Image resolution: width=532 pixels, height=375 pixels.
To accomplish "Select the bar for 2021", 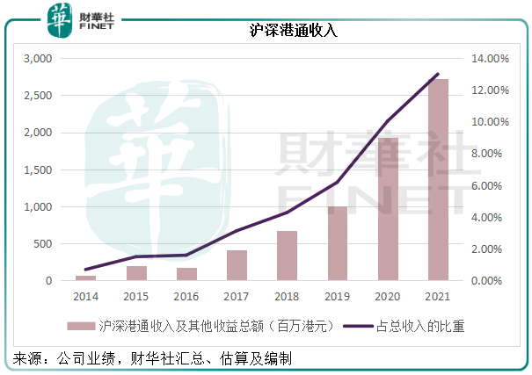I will [437, 180].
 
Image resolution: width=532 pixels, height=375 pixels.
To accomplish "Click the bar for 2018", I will [288, 256].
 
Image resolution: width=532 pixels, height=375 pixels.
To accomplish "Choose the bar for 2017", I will [237, 265].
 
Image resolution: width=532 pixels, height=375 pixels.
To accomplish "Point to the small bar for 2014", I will [85, 278].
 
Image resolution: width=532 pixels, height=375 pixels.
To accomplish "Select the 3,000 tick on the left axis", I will [39, 59].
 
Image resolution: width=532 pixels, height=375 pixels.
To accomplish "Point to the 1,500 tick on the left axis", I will [39, 169].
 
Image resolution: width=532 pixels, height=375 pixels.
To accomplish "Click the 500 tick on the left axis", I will [44, 243].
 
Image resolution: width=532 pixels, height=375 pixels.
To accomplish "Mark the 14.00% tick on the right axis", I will [487, 59].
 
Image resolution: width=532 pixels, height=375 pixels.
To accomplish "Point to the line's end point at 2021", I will [437, 75].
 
